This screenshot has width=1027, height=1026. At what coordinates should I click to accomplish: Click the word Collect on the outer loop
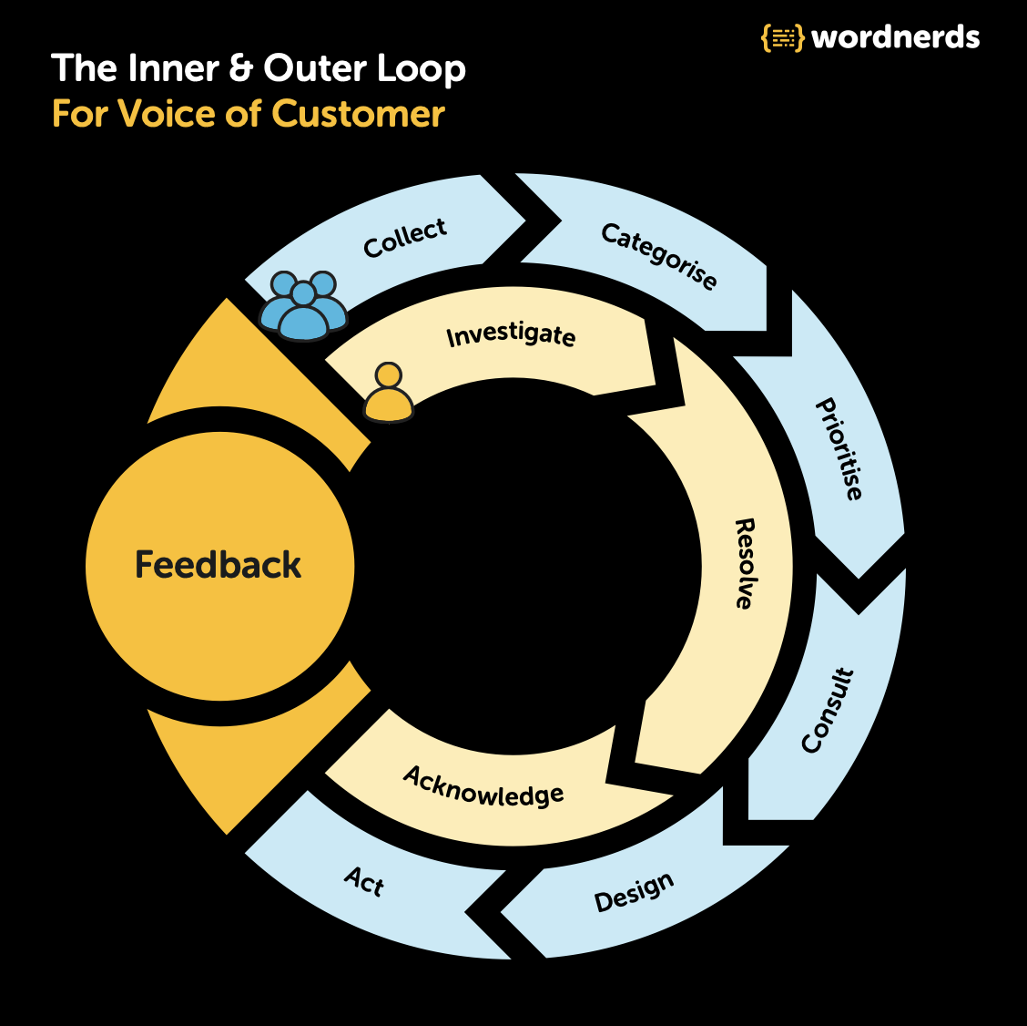405,238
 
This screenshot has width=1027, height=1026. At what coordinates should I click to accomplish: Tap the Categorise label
659,256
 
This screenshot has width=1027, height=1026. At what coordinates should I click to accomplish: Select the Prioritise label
839,449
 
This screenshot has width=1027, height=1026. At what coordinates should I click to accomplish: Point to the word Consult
829,711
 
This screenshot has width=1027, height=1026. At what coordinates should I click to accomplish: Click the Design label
634,891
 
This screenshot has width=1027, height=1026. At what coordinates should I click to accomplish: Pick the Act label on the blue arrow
364,881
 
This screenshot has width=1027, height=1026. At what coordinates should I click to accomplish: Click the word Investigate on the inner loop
511,335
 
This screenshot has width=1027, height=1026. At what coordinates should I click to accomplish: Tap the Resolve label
745,564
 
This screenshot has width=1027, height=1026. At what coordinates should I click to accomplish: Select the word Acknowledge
483,786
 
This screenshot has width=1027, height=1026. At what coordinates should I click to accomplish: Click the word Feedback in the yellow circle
218,565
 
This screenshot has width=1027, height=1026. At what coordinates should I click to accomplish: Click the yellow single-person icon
389,393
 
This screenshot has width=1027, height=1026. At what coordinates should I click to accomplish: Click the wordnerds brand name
895,37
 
